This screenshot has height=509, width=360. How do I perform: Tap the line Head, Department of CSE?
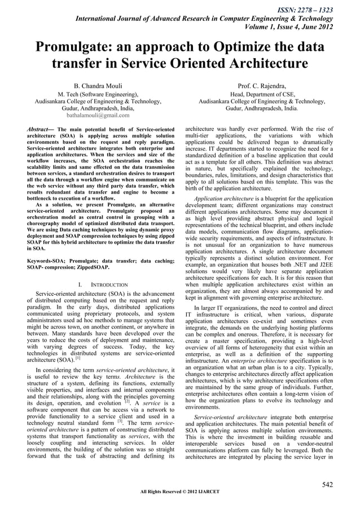(x=265, y=94)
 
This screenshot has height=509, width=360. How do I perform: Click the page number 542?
(x=327, y=484)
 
